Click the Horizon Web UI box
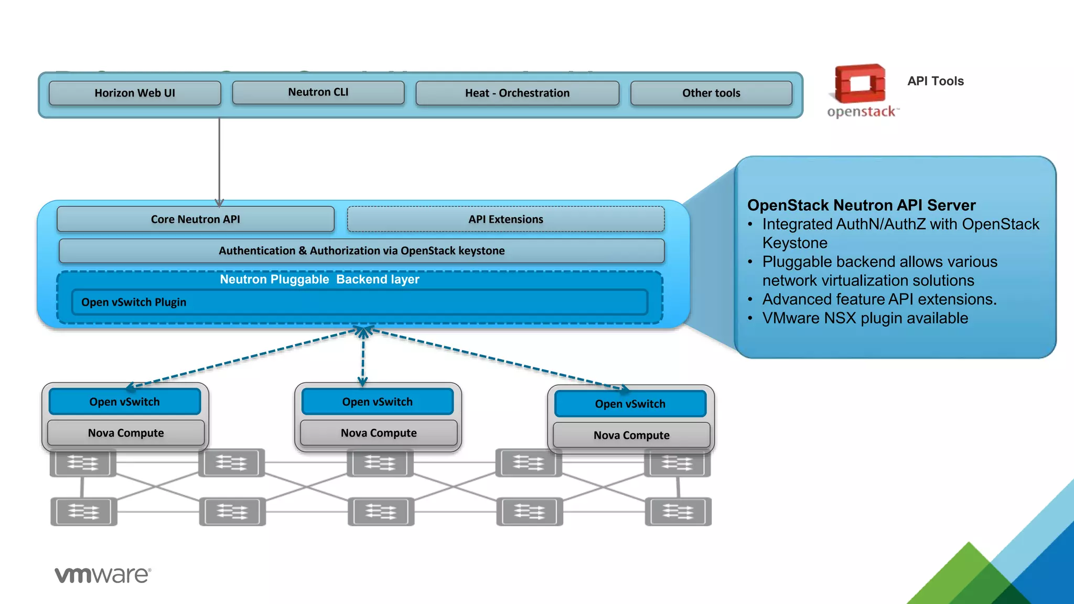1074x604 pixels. [135, 93]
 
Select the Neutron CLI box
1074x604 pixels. [318, 92]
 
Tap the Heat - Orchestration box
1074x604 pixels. [517, 93]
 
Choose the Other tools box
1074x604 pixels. [711, 93]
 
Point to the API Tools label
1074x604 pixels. [936, 81]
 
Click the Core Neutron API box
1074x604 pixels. [195, 219]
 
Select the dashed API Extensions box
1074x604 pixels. [506, 219]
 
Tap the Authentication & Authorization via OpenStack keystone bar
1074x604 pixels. [361, 251]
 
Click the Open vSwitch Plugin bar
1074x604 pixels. [360, 302]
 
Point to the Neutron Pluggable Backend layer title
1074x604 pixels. [319, 279]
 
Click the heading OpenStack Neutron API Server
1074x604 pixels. [861, 205]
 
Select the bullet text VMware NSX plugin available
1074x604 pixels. [865, 318]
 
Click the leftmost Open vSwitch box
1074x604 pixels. [125, 402]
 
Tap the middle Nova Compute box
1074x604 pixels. [379, 433]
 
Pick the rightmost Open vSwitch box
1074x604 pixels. [630, 404]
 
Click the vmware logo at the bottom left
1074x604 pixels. [103, 575]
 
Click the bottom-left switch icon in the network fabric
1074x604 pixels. [83, 512]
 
